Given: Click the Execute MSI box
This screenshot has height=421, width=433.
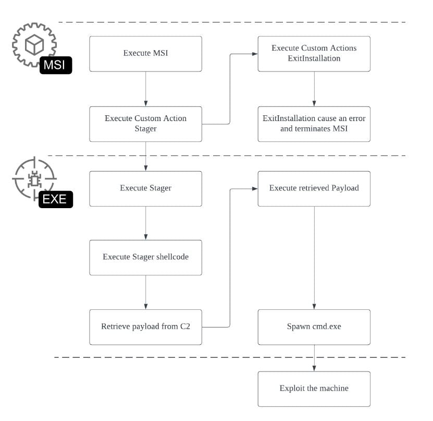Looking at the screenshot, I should tap(145, 54).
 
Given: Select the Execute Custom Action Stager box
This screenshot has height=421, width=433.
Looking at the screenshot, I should tap(145, 124).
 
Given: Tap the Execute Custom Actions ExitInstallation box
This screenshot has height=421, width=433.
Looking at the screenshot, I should tap(314, 53).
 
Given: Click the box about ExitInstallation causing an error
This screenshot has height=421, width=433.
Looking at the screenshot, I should tap(314, 124).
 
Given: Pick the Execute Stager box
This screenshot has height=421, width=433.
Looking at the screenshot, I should tap(145, 188).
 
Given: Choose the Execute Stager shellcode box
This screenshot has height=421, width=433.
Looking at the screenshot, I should tap(145, 257).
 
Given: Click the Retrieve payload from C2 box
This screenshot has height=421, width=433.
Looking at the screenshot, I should tap(145, 327).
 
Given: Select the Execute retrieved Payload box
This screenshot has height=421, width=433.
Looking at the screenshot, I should tap(314, 188).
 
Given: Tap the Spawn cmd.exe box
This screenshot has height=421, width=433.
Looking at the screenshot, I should tap(314, 327).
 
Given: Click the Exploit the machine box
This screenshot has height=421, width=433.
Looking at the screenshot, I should tap(314, 389).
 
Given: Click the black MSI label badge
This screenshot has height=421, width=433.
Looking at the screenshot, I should tap(55, 65).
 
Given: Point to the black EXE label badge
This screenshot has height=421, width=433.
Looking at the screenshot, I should tap(55, 199).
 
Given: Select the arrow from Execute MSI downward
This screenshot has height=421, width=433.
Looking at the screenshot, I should tap(145, 89).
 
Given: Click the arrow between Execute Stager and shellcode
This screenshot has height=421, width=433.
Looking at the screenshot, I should tap(145, 223).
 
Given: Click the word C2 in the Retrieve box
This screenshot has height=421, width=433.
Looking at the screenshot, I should tap(185, 327).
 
